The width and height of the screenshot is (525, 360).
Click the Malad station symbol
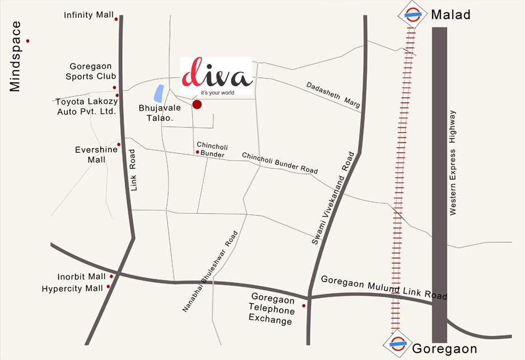[x=413, y=15]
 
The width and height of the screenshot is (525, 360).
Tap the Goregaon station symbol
[x=398, y=344]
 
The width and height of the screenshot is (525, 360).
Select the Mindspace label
[x=15, y=56]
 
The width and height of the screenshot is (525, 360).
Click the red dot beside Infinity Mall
[x=116, y=19]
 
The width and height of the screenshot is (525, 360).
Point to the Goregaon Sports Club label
[x=91, y=71]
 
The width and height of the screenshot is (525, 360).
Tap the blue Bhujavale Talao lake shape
[x=159, y=93]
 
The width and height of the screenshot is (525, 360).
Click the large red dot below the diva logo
[x=197, y=104]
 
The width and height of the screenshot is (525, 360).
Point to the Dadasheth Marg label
[x=332, y=95]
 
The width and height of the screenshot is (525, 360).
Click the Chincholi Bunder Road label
[x=280, y=163]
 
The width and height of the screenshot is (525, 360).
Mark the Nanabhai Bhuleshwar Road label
[x=211, y=272]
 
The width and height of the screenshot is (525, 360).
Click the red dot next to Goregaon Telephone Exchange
[x=304, y=306]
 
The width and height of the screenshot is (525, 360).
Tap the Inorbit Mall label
[x=81, y=277]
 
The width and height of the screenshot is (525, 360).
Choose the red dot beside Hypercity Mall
[x=108, y=287]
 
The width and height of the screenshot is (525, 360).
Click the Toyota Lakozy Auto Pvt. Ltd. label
[x=85, y=106]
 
